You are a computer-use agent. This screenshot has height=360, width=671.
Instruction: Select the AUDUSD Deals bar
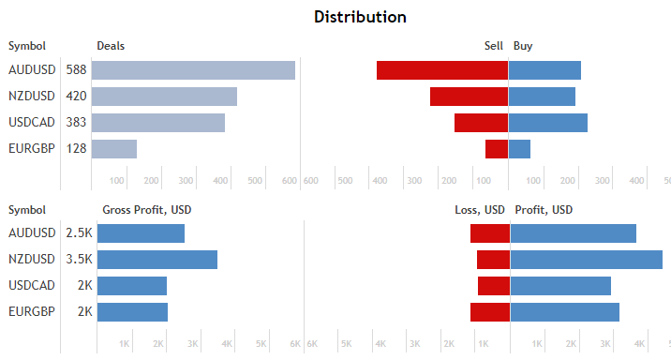tap(193, 70)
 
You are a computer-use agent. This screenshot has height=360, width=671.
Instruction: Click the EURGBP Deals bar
tap(114, 148)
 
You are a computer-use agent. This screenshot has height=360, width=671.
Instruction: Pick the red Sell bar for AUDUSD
tap(441, 70)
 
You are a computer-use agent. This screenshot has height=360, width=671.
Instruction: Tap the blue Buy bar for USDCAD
tap(548, 123)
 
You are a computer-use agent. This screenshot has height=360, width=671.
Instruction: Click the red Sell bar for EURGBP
tap(497, 148)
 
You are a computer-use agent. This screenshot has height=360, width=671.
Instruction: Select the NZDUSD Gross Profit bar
tap(157, 260)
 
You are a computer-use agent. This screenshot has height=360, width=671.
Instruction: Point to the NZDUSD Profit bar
tap(586, 260)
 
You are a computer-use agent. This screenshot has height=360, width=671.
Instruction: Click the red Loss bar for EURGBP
tap(490, 312)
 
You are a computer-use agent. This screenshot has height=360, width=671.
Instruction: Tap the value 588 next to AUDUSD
tap(76, 70)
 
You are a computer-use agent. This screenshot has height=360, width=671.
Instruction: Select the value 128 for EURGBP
tap(76, 148)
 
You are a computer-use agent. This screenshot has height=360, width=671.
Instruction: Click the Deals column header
tap(111, 45)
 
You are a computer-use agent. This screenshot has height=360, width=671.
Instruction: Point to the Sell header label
tap(493, 45)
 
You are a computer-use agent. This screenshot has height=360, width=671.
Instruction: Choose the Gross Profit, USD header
tap(146, 209)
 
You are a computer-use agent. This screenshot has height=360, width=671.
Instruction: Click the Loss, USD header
tap(480, 209)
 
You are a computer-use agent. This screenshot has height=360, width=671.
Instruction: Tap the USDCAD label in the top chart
tap(30, 123)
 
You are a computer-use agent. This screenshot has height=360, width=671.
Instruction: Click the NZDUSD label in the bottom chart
tap(30, 260)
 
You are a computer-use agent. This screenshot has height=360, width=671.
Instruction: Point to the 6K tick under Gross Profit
tap(294, 344)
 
